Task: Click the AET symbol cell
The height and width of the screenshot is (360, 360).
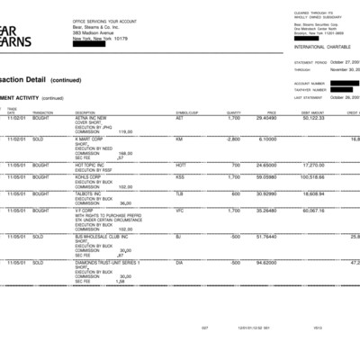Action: (x=180, y=118)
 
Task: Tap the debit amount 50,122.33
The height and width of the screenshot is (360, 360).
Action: (x=313, y=118)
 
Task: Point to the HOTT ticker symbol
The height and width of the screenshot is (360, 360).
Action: (x=181, y=166)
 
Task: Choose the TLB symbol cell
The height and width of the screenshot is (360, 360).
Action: (x=179, y=193)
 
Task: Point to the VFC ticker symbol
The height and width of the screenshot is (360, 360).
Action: (x=179, y=211)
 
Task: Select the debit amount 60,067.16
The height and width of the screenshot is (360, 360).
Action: (x=312, y=211)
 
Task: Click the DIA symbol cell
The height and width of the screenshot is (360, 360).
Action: (x=179, y=262)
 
